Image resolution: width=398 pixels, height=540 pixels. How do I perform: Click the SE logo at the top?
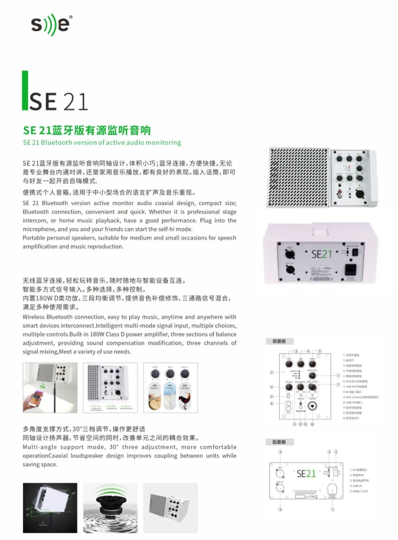click(x=51, y=25)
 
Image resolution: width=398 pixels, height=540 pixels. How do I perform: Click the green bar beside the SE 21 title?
click(x=25, y=91)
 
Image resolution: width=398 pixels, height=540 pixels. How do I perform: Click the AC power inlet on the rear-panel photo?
click(x=350, y=270)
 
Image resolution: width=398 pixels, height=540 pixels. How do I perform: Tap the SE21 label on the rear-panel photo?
click(x=321, y=255)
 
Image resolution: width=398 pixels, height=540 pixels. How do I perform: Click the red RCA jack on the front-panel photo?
click(x=340, y=192)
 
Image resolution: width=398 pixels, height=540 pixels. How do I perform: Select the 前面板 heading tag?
click(x=279, y=341)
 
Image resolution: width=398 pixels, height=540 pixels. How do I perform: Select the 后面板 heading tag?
click(x=279, y=442)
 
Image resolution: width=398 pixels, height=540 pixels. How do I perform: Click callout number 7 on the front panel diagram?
click(x=338, y=385)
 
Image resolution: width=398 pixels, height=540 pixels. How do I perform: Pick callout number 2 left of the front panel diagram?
click(x=272, y=372)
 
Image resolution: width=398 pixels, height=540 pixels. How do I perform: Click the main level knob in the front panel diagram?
click(x=312, y=376)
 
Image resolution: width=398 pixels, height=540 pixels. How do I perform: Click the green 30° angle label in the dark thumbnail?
click(x=74, y=493)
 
